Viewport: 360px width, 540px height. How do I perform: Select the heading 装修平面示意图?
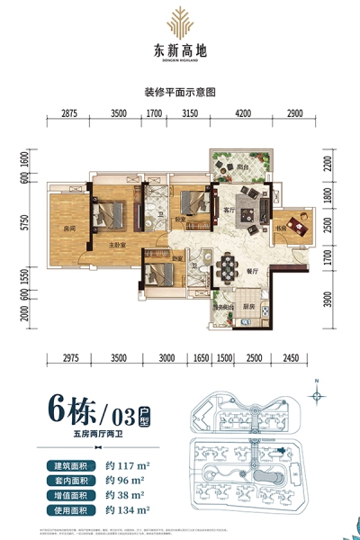[181, 92]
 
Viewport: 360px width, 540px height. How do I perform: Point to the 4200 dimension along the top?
[244, 114]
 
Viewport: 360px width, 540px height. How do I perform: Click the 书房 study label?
[281, 227]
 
